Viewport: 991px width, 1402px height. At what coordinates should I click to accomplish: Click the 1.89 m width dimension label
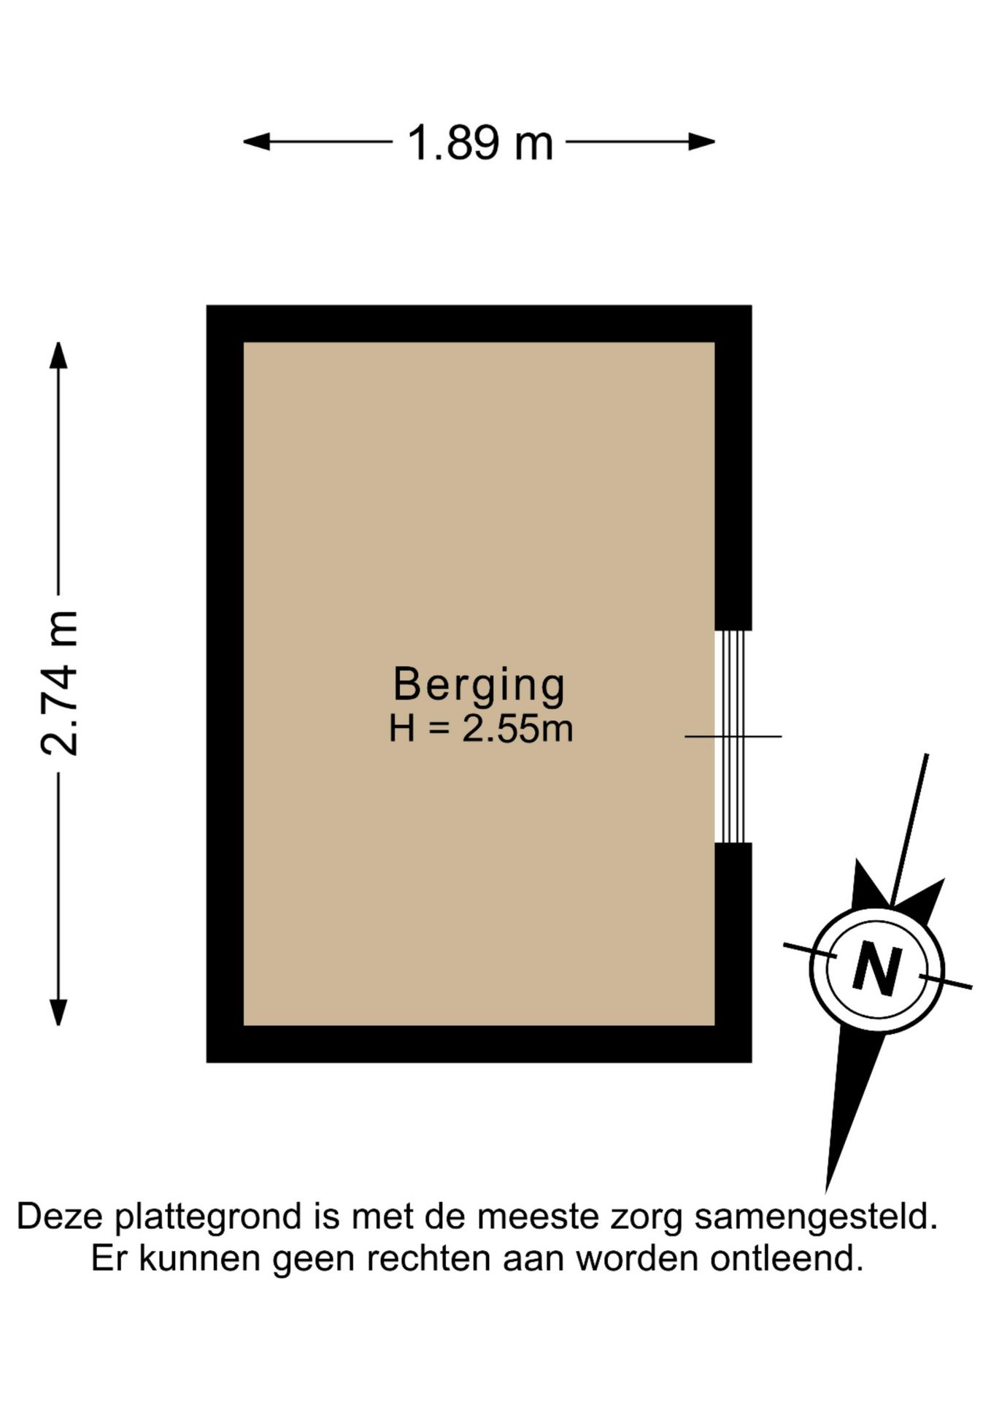(479, 142)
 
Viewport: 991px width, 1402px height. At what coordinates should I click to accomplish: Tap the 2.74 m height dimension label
(58, 683)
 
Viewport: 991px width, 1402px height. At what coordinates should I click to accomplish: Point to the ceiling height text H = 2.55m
(480, 729)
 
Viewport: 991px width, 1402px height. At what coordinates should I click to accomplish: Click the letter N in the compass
(876, 968)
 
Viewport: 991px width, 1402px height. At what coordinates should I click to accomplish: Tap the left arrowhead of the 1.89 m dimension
(255, 142)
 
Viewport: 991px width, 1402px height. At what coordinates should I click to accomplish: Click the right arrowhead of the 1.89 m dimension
(702, 142)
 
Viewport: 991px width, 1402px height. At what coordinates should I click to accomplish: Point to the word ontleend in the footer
(787, 1260)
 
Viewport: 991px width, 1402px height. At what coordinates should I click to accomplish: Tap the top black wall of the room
(479, 323)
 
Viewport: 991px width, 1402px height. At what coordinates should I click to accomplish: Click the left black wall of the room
(225, 683)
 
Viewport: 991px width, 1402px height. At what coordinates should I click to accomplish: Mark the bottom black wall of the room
(479, 1044)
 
